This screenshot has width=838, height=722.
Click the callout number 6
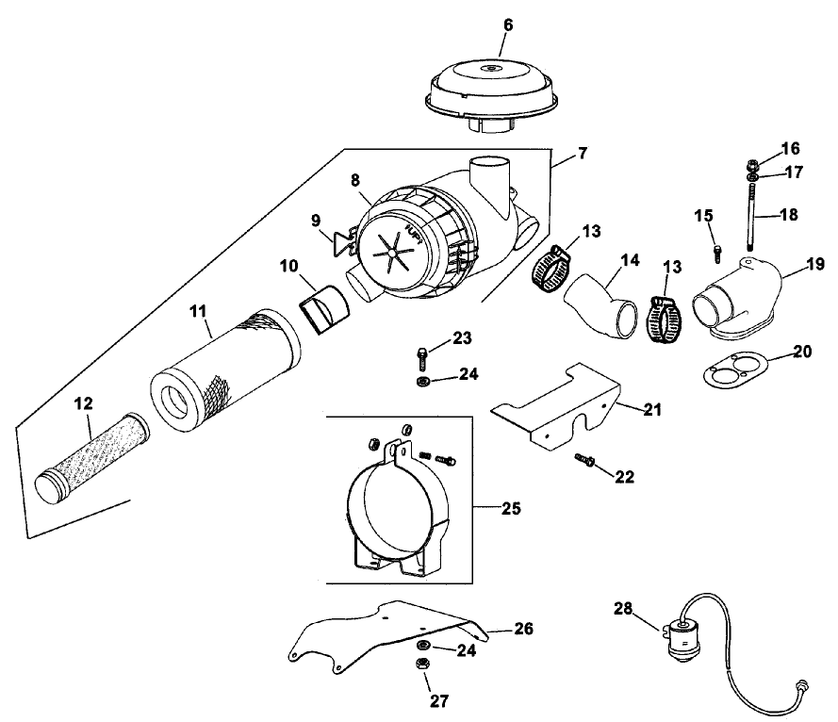tap(507, 25)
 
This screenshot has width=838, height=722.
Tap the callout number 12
tap(84, 402)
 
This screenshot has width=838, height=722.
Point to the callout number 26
tap(524, 629)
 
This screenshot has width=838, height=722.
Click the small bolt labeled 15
tap(718, 252)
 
